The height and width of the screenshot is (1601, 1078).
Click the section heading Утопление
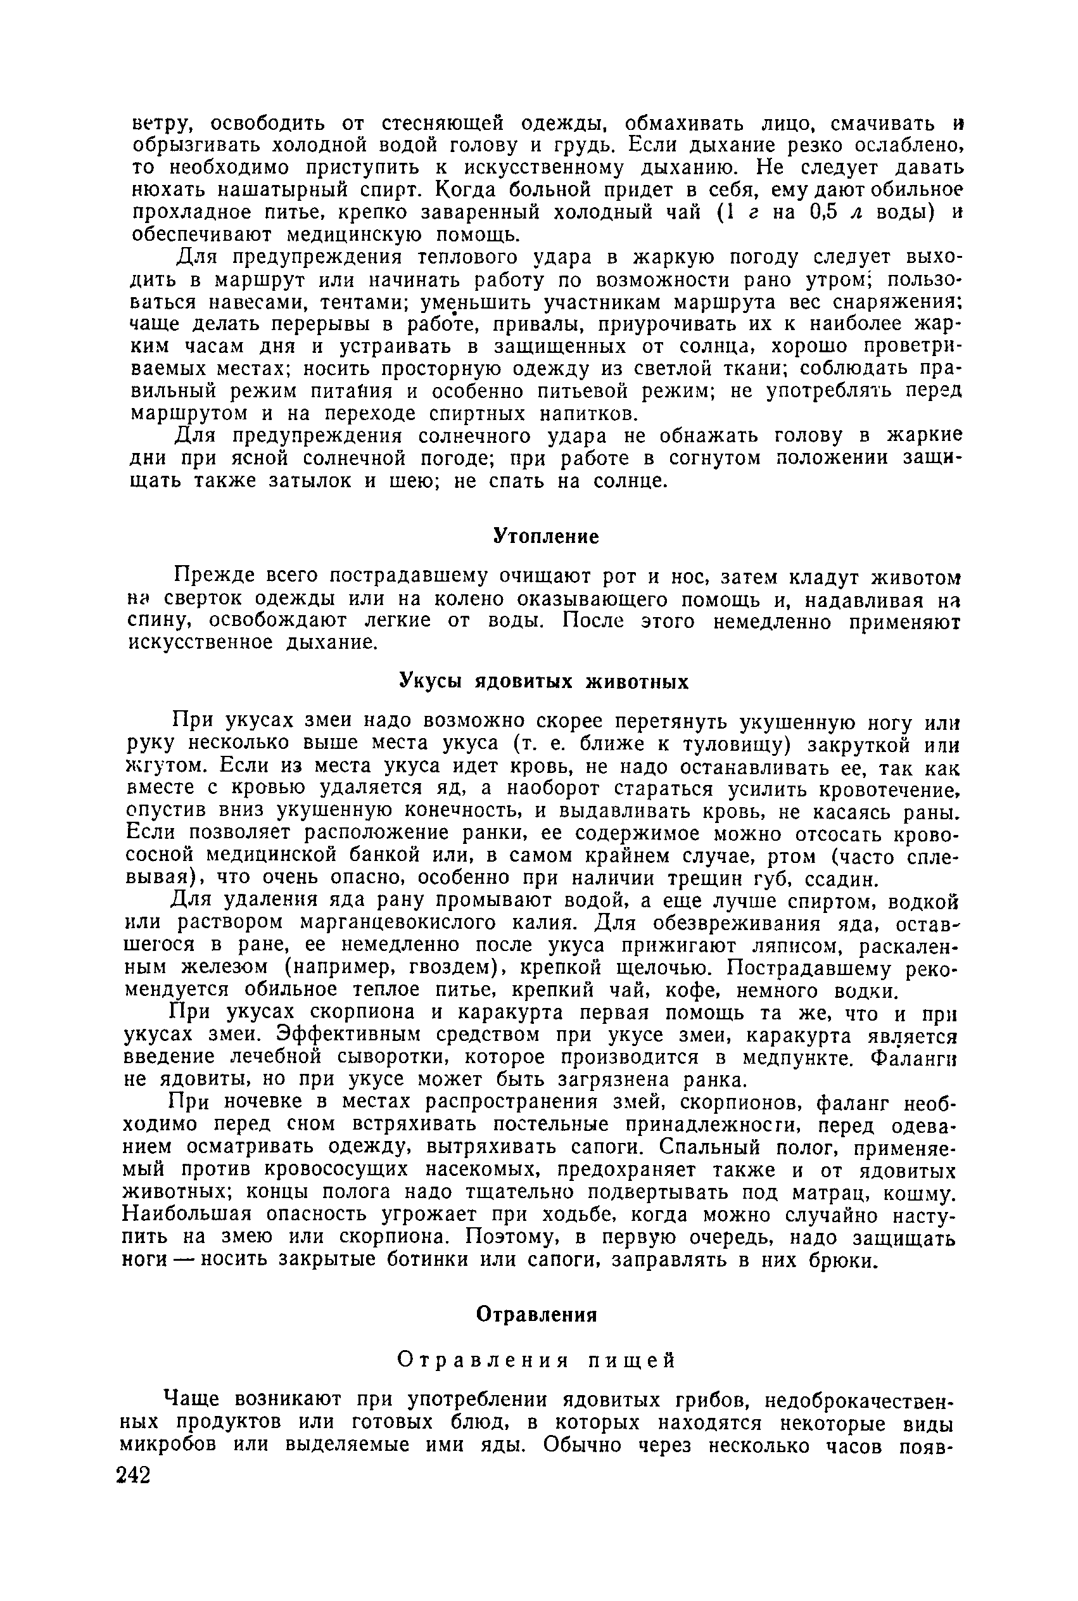pyautogui.click(x=546, y=537)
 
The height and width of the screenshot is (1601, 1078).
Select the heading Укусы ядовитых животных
pyautogui.click(x=544, y=682)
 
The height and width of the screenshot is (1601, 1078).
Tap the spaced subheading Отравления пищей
pyautogui.click(x=538, y=1360)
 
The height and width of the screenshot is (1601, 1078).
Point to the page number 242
pyautogui.click(x=134, y=1475)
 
